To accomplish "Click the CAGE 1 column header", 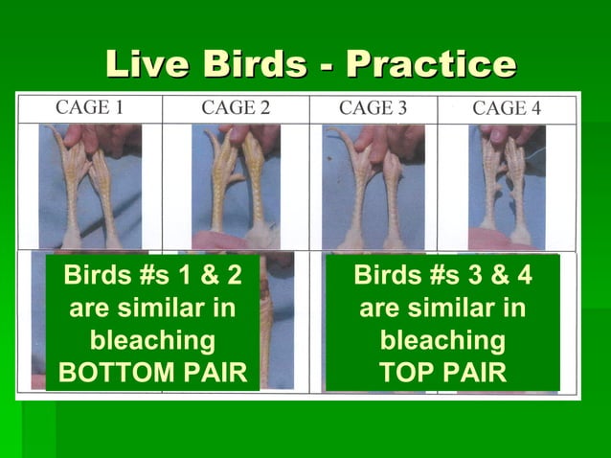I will [x=89, y=107].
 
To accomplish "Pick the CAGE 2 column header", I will [x=235, y=107].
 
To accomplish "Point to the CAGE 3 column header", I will [x=373, y=107].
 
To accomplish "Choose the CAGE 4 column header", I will [x=507, y=108].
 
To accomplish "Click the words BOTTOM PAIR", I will [x=152, y=373].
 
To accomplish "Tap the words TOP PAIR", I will [x=442, y=373].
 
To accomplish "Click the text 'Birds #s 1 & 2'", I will [x=152, y=277].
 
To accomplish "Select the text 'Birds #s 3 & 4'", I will [x=442, y=277].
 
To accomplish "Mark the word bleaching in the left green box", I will [x=152, y=340].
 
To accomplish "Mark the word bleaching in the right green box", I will [x=442, y=340].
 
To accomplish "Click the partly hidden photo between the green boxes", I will [x=277, y=321].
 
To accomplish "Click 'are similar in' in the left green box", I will [x=152, y=309].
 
